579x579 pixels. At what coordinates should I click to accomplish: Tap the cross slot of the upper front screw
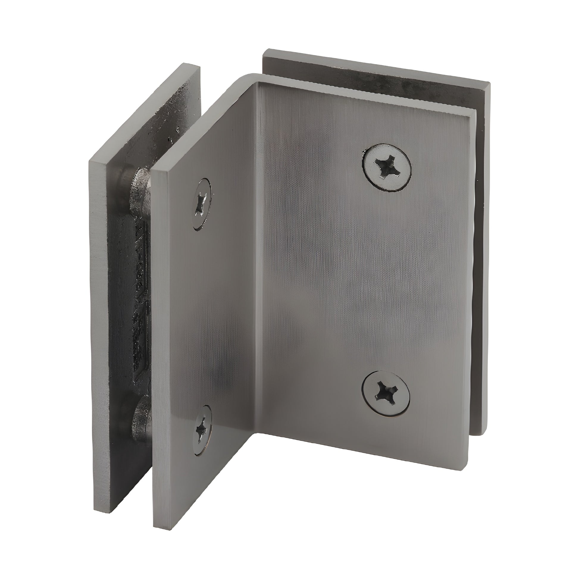[x=386, y=166]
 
